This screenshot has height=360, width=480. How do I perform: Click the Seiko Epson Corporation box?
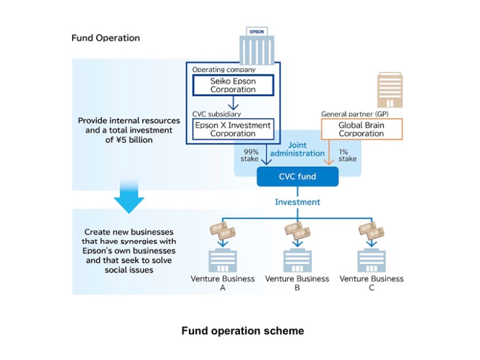233,85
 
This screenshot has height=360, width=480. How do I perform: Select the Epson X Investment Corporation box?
233,129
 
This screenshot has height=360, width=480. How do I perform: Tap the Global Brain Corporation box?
361,129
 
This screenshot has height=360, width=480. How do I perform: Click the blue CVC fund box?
298,177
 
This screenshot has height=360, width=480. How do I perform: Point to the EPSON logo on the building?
257,31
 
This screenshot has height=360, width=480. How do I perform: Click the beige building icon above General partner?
390,90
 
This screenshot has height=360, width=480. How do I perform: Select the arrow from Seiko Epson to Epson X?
233,103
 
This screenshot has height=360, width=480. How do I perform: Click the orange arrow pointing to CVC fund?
329,153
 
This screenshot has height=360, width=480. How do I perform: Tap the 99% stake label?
250,155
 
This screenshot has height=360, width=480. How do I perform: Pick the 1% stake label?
348,155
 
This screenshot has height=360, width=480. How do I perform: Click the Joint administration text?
297,149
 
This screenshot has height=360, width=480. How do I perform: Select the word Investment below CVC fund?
298,202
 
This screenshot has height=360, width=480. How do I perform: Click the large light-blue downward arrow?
129,196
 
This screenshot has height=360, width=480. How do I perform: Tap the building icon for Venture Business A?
223,260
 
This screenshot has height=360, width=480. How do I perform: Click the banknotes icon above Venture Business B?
297,231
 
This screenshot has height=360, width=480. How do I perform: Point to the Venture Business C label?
371,283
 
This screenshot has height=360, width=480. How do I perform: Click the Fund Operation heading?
106,38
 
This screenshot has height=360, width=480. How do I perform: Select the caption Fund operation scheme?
242,331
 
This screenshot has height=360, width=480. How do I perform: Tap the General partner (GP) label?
355,114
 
